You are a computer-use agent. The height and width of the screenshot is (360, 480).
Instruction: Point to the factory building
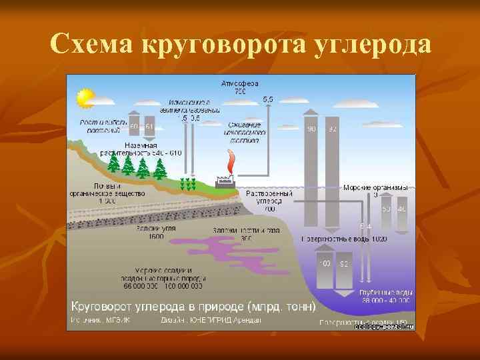[x=224, y=181]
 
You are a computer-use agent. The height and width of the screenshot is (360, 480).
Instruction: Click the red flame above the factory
[x=231, y=161]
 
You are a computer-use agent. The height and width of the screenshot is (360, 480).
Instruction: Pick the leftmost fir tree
[x=113, y=163]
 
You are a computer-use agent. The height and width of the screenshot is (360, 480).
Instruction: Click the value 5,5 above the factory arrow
[x=267, y=99]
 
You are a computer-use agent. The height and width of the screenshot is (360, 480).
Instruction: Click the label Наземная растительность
[x=141, y=149]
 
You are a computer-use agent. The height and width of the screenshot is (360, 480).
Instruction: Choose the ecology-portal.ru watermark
[x=385, y=327]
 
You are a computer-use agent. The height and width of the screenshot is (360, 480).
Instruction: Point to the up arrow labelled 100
[x=324, y=273]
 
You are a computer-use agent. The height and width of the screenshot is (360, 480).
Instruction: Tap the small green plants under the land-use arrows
[x=189, y=183]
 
